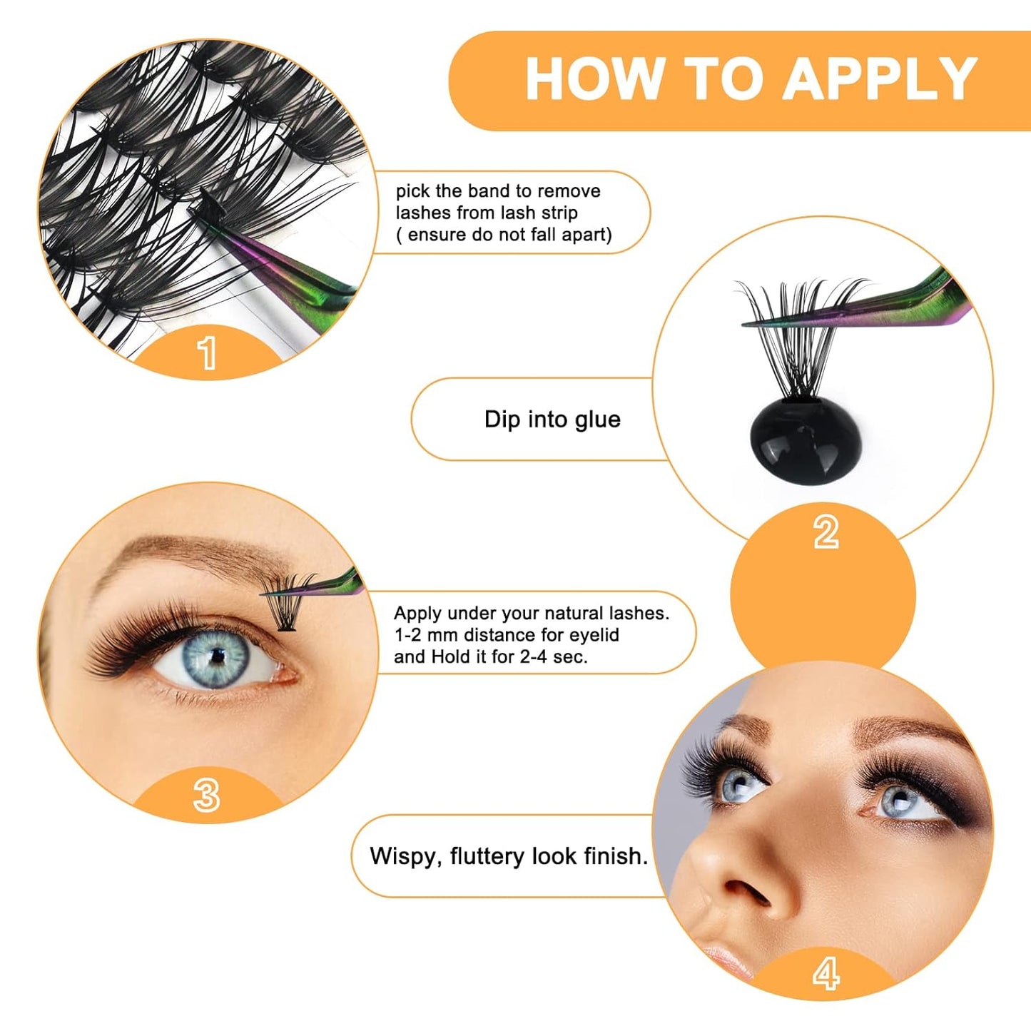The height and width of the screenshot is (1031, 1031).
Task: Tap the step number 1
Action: (207, 352)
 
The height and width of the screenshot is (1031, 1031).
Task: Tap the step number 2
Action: (826, 532)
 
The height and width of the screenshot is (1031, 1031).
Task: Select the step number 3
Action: (206, 795)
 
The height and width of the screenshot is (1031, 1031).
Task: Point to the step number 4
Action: (826, 973)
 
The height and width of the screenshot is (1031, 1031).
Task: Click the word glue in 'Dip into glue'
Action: (597, 420)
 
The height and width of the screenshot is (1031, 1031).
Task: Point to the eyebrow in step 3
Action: (186, 553)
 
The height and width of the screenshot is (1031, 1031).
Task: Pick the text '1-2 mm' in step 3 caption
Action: (426, 635)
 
